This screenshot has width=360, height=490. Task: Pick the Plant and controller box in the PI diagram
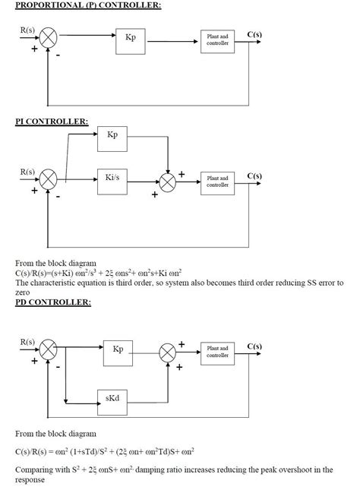[x=217, y=182]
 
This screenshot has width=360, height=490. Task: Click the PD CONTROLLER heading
[x=53, y=302]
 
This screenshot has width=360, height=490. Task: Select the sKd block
[x=113, y=399]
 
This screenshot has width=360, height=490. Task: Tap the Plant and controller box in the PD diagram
[x=217, y=352]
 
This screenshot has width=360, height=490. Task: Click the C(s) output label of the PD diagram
[x=254, y=346]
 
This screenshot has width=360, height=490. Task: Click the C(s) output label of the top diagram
[x=254, y=34]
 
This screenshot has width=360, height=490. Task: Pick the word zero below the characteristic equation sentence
[x=22, y=292]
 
